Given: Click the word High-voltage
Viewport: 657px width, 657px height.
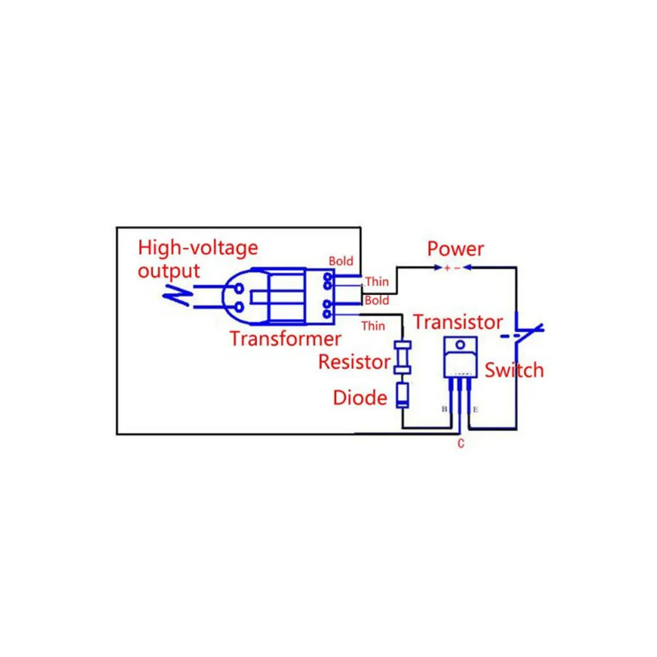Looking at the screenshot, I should click(x=198, y=248).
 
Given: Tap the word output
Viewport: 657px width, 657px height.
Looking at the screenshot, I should click(x=168, y=270).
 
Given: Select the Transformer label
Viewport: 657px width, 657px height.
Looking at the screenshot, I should click(x=285, y=339).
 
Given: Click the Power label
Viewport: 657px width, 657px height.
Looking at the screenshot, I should click(x=455, y=249).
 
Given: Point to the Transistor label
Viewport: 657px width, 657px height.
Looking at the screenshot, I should click(x=458, y=322).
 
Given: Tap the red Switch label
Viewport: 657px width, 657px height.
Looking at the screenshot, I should click(x=514, y=370).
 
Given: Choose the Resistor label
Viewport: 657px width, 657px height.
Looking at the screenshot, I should click(x=354, y=361).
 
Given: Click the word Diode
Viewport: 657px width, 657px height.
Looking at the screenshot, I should click(x=360, y=397).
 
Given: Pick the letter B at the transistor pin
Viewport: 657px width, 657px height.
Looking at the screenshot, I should click(x=444, y=409).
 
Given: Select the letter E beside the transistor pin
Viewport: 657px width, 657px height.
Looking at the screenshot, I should click(x=476, y=409).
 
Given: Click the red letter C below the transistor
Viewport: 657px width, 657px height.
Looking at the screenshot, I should click(x=461, y=444).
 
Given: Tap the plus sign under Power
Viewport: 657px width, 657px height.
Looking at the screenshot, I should click(x=447, y=268).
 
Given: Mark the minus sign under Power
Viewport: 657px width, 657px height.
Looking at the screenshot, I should click(x=458, y=268).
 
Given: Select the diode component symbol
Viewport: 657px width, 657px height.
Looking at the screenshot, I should click(x=402, y=396).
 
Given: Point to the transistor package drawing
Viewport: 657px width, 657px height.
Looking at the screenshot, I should click(x=460, y=358).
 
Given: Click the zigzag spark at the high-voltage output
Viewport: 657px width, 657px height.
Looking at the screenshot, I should click(x=177, y=296).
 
